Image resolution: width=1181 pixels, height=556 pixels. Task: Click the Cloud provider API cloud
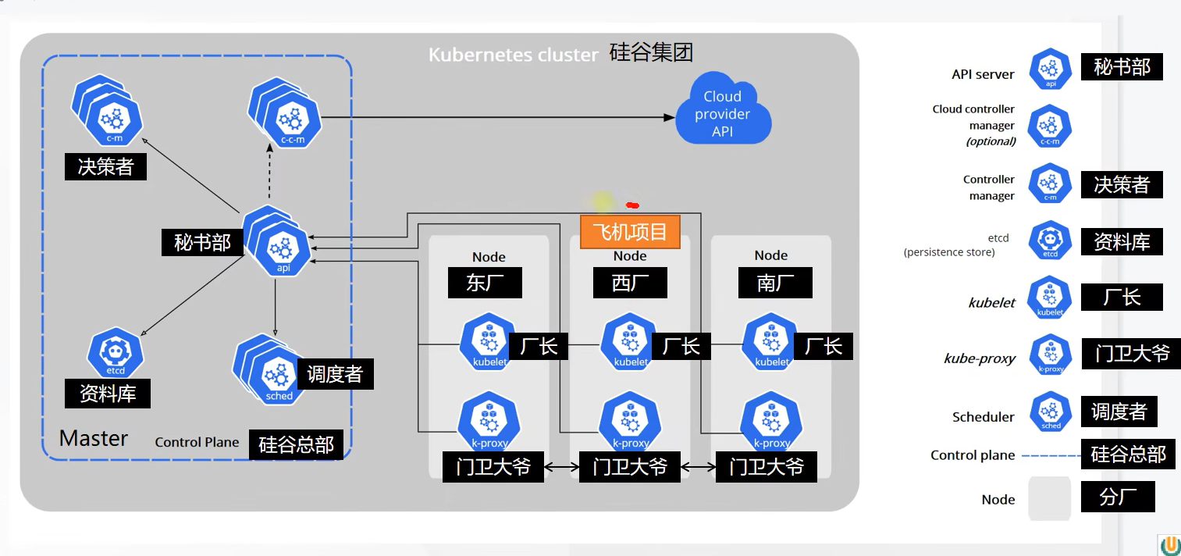click(723, 113)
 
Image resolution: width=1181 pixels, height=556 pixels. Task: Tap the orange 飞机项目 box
click(630, 232)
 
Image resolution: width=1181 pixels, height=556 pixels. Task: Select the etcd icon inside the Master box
click(116, 353)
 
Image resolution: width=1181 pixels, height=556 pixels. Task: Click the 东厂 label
click(485, 283)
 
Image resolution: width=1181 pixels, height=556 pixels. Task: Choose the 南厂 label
click(775, 283)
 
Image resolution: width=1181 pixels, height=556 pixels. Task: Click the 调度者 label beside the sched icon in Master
click(335, 374)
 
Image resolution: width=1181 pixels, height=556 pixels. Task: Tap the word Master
click(94, 438)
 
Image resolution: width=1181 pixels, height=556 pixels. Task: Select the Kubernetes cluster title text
click(513, 55)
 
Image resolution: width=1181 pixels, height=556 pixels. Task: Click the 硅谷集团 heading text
click(651, 52)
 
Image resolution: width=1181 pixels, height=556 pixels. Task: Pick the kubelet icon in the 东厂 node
click(489, 341)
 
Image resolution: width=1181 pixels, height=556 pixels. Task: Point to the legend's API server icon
click(1051, 69)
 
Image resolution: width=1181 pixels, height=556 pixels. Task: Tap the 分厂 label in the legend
click(1118, 497)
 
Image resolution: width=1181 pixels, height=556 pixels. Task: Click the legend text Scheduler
click(983, 417)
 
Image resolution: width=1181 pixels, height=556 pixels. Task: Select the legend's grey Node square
click(1049, 498)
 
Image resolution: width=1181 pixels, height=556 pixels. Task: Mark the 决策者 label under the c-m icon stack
click(105, 166)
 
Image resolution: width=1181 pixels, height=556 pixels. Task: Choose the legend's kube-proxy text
click(980, 358)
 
